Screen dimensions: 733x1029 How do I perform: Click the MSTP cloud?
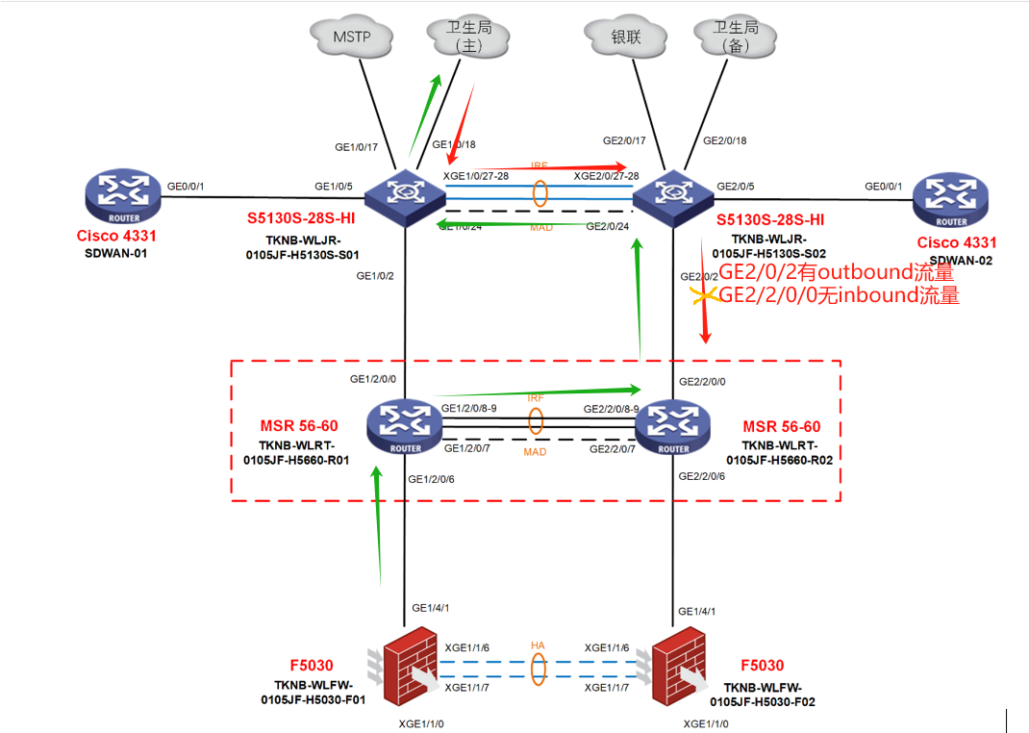[x=352, y=38]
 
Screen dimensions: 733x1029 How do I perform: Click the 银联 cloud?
[x=626, y=38]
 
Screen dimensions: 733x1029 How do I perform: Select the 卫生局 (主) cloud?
[x=460, y=38]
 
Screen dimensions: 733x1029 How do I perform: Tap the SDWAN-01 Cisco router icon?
[x=121, y=196]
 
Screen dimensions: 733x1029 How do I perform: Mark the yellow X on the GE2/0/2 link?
[x=704, y=298]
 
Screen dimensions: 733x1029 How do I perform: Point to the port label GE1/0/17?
[x=356, y=148]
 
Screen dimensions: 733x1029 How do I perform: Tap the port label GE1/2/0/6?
[x=432, y=479]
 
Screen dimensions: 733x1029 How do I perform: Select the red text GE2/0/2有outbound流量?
[x=837, y=273]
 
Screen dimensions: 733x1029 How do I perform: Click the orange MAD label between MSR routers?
[x=536, y=451]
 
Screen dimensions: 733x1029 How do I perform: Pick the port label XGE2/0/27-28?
[x=606, y=177]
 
